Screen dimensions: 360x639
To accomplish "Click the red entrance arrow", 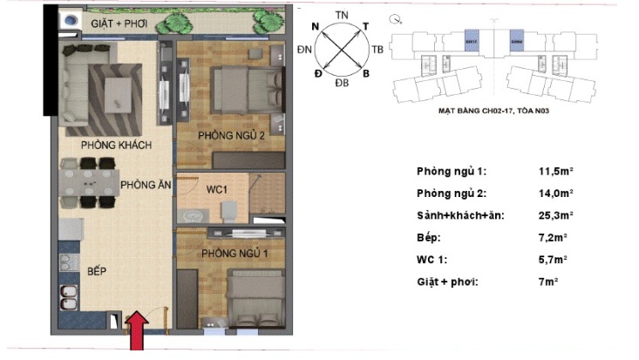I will point(136,335).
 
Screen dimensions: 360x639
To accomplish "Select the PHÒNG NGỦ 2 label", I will point(231,136).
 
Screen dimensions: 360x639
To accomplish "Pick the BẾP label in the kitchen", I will point(96,272).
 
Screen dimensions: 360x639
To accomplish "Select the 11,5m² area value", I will point(554,172).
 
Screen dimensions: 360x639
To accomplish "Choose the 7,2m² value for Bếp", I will point(552,237).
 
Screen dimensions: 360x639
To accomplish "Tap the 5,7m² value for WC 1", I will point(552,259).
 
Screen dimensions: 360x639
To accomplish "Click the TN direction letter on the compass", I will point(343,15).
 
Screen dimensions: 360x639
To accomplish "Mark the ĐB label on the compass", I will point(342,83).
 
